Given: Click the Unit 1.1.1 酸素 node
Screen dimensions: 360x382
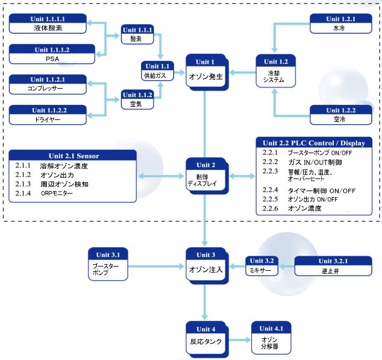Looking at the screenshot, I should point(137,34).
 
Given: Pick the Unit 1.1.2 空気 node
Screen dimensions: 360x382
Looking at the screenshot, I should point(137,99).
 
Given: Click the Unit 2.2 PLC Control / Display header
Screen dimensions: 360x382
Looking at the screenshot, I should point(314,142).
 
